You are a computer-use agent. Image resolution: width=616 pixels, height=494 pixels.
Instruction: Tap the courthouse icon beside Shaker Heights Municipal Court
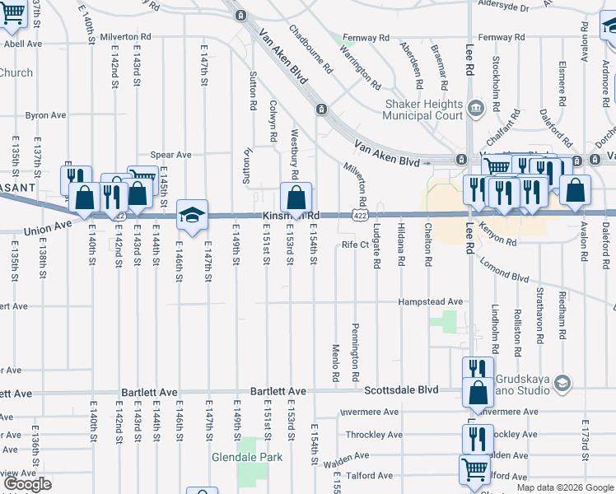475,109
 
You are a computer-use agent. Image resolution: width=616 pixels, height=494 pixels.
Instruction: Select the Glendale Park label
246,457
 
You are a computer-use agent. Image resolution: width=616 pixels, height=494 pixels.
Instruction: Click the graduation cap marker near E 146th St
192,215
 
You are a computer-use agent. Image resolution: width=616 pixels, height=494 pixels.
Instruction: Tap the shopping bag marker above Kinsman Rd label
296,198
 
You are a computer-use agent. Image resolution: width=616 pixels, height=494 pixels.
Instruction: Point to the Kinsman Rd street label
290,217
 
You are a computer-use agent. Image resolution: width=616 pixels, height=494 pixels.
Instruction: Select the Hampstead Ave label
431,302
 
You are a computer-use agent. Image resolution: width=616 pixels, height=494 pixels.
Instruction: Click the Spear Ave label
170,155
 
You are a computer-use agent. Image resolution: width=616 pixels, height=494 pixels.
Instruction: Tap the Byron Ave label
45,115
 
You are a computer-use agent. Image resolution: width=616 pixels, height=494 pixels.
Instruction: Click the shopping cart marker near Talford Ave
474,470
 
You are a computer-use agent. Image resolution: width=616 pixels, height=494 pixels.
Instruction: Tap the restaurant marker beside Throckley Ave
477,437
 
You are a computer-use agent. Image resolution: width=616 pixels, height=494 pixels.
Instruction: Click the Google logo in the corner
27,484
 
